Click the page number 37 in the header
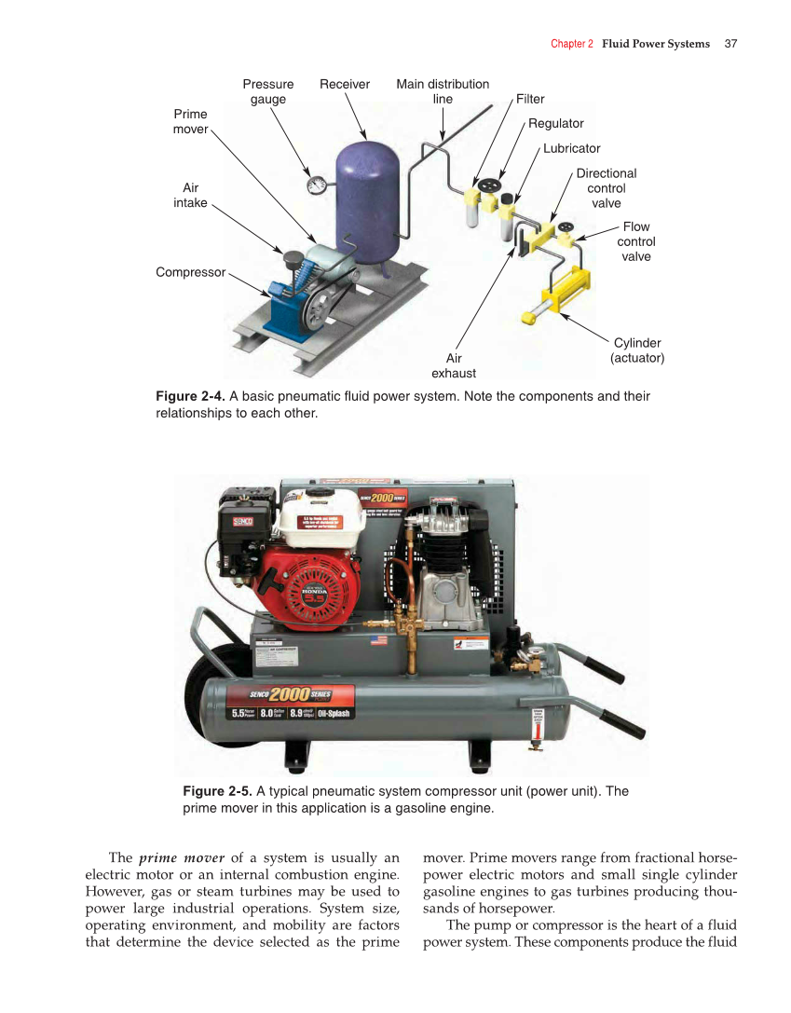click(x=730, y=44)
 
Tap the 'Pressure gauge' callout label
click(x=268, y=91)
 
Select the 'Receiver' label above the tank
click(x=345, y=84)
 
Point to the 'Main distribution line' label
click(x=443, y=91)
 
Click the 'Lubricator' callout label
click(x=572, y=148)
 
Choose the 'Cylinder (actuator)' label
click(x=637, y=350)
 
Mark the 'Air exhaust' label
click(x=454, y=365)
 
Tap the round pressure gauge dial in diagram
click(x=317, y=185)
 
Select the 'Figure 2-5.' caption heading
click(x=216, y=791)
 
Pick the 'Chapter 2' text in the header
click(x=571, y=44)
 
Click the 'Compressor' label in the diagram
click(x=191, y=272)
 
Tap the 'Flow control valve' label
click(x=636, y=241)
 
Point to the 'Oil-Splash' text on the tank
click(x=333, y=714)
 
